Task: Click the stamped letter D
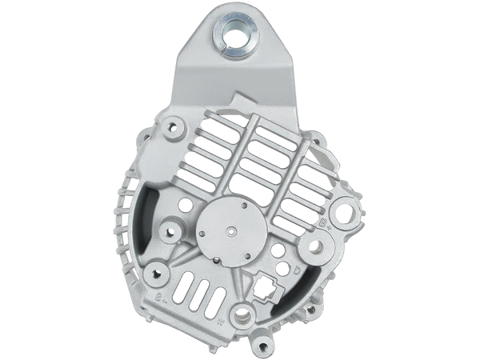pos(296,270)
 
